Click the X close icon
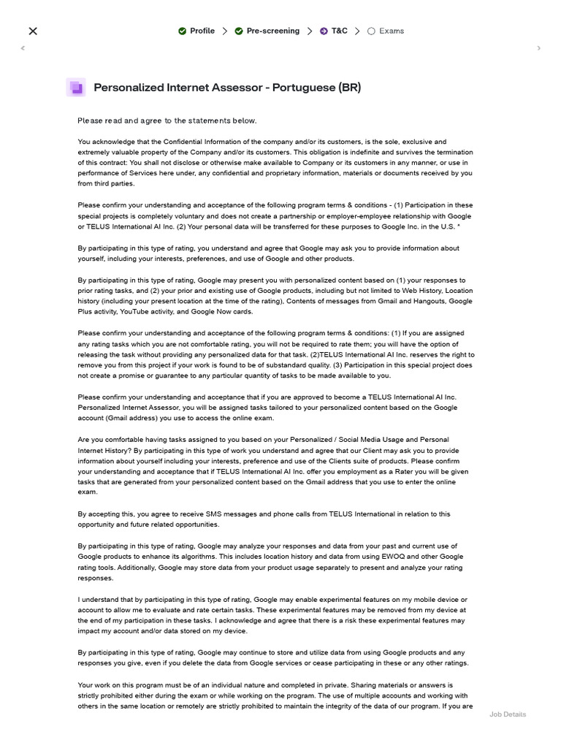pos(32,31)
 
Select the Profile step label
pos(202,31)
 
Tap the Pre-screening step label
pos(272,31)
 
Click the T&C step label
pos(339,31)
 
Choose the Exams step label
pos(392,31)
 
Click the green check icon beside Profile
pos(182,31)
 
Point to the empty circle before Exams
pos(371,31)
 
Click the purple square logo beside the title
pos(76,88)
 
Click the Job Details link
pos(507,714)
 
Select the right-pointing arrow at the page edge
pos(539,48)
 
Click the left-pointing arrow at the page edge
pos(23,48)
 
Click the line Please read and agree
pos(167,121)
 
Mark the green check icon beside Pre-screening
pos(239,31)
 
